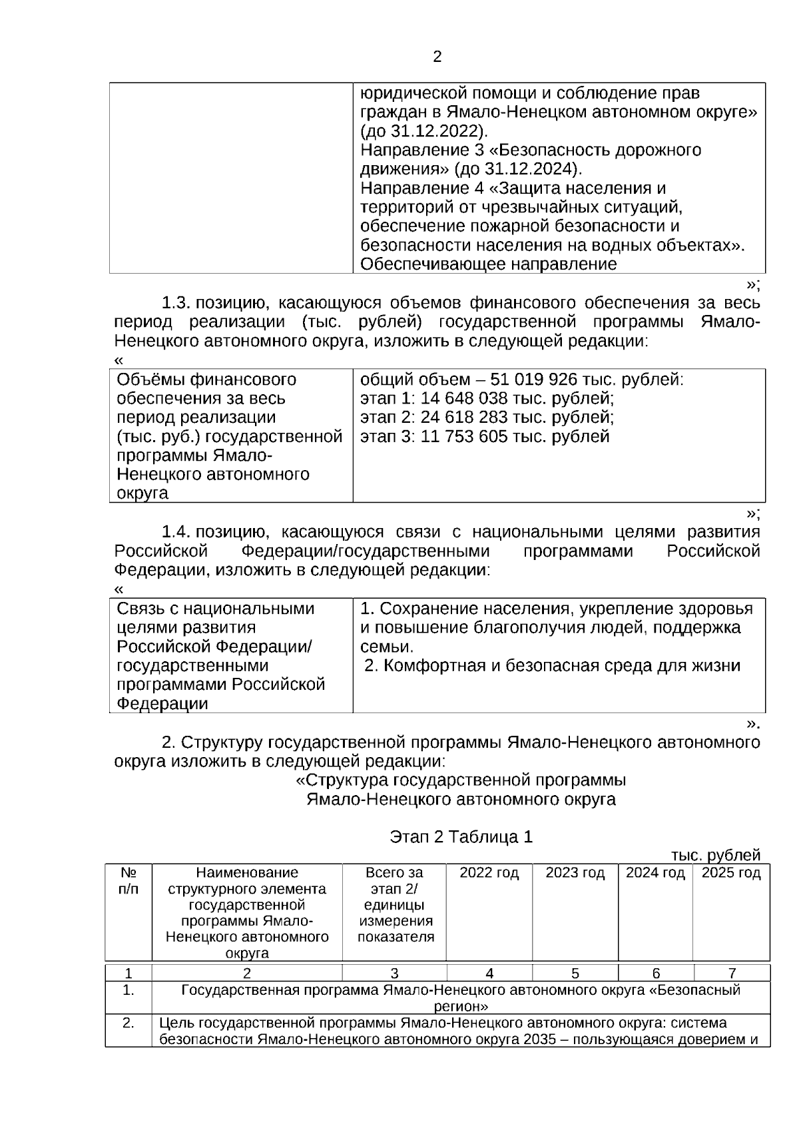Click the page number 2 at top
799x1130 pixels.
437,57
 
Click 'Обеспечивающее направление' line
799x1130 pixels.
488,264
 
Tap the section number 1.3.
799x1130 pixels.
176,304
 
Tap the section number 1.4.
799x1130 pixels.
176,533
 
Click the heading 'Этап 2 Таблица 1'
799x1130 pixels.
461,837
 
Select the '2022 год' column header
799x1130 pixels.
489,873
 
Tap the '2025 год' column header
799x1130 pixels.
731,873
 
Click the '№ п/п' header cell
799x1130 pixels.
129,881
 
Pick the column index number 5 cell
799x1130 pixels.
575,973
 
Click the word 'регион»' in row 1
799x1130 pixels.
461,1006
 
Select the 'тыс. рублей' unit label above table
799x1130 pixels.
715,855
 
